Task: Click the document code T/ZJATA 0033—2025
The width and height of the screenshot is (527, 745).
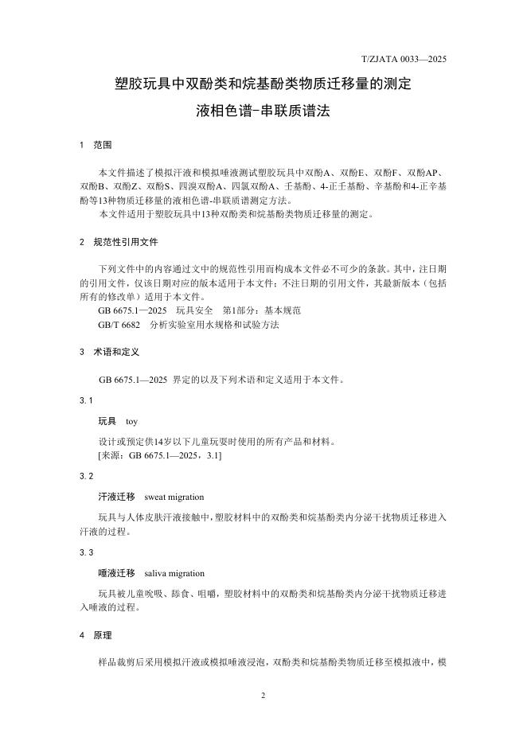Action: coord(403,59)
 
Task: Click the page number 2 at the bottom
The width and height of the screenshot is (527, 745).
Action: coord(263,695)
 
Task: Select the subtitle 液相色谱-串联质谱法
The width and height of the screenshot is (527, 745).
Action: coord(263,111)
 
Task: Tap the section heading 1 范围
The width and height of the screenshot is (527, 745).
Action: coord(96,146)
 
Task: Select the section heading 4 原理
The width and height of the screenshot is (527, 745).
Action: coord(96,635)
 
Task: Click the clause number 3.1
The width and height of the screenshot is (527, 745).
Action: coord(86,400)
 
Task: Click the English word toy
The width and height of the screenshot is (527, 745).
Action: coord(132,421)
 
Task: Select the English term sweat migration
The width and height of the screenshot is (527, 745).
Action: coord(174,497)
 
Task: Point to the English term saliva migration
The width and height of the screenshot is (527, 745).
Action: coord(174,573)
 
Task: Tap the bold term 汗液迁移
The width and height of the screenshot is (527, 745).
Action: coord(116,497)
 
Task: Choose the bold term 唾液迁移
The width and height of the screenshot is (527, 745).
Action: coord(116,573)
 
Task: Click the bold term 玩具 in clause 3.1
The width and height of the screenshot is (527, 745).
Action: coord(107,421)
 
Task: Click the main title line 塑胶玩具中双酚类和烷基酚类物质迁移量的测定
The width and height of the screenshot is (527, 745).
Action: coord(263,83)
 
